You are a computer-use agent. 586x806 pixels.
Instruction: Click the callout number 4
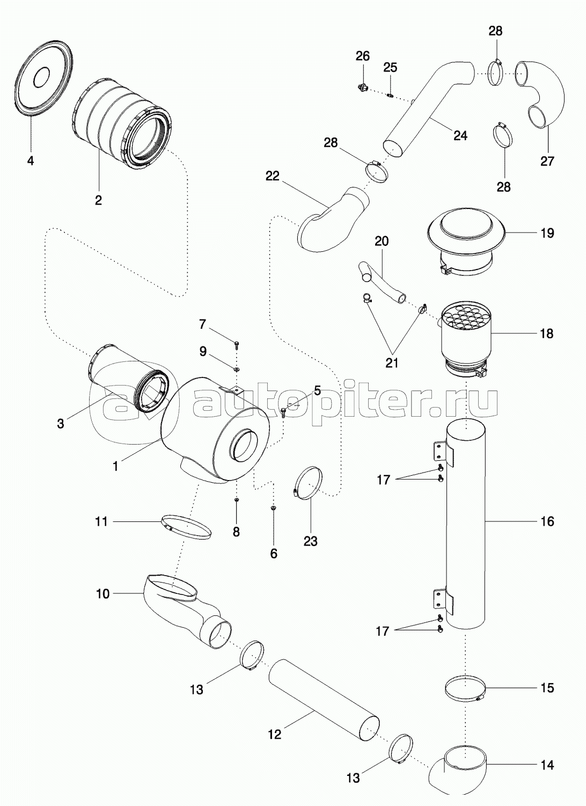pyautogui.click(x=31, y=161)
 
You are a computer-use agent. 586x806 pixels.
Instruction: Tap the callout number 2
pyautogui.click(x=98, y=200)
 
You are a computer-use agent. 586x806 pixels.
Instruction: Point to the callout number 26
pyautogui.click(x=362, y=56)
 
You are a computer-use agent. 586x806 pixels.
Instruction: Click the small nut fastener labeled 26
pyautogui.click(x=363, y=86)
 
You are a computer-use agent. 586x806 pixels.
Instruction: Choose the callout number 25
pyautogui.click(x=390, y=67)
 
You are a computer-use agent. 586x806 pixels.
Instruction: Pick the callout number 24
pyautogui.click(x=460, y=136)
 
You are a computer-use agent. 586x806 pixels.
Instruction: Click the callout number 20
pyautogui.click(x=382, y=241)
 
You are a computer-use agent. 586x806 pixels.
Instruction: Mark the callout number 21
pyautogui.click(x=392, y=362)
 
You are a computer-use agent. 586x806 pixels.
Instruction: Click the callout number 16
pyautogui.click(x=547, y=521)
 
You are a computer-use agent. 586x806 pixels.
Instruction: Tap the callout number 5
pyautogui.click(x=317, y=390)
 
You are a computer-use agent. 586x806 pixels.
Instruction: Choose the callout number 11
pyautogui.click(x=101, y=521)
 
